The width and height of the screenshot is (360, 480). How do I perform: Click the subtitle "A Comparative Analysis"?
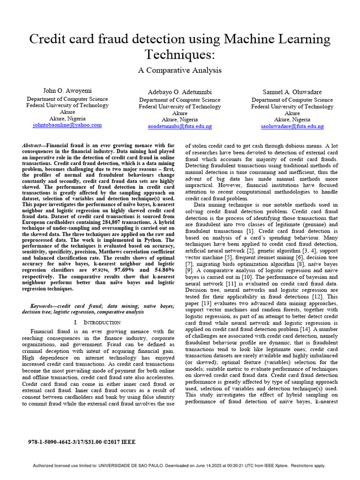180,70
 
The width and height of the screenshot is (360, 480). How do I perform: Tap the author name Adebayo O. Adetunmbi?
180,92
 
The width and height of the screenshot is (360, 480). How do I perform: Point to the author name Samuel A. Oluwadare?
292,92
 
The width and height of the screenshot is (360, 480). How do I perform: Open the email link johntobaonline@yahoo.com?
67,125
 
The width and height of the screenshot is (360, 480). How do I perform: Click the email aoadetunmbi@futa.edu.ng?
180,127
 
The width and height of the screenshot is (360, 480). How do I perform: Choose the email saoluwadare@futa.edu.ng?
292,127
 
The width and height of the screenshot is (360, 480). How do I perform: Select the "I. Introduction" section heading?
97,322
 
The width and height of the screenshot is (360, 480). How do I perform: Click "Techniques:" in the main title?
180,54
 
